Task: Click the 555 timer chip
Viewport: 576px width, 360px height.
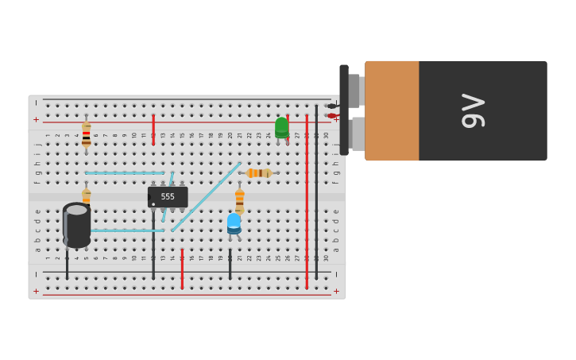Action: [168, 196]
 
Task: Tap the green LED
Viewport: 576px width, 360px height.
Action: [282, 127]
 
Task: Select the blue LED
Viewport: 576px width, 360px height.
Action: [234, 223]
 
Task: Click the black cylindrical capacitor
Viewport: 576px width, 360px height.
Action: [77, 225]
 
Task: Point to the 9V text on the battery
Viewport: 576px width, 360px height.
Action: [473, 110]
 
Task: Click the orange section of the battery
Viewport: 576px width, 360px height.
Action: [392, 110]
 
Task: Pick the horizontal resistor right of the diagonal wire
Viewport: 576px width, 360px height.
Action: [258, 173]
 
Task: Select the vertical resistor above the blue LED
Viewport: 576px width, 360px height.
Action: [239, 198]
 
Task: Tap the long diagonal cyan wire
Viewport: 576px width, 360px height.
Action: [207, 196]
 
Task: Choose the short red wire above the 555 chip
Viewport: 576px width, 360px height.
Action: [153, 130]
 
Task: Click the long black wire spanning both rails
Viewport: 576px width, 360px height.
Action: [316, 191]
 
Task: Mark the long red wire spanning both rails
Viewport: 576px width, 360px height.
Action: [307, 199]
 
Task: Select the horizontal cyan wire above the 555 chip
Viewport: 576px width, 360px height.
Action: [124, 173]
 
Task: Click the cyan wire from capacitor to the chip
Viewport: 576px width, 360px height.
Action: [127, 230]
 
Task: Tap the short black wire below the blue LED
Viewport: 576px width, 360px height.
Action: [230, 264]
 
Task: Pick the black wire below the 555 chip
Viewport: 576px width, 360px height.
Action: [153, 254]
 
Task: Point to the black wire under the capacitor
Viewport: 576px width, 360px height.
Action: [67, 262]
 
